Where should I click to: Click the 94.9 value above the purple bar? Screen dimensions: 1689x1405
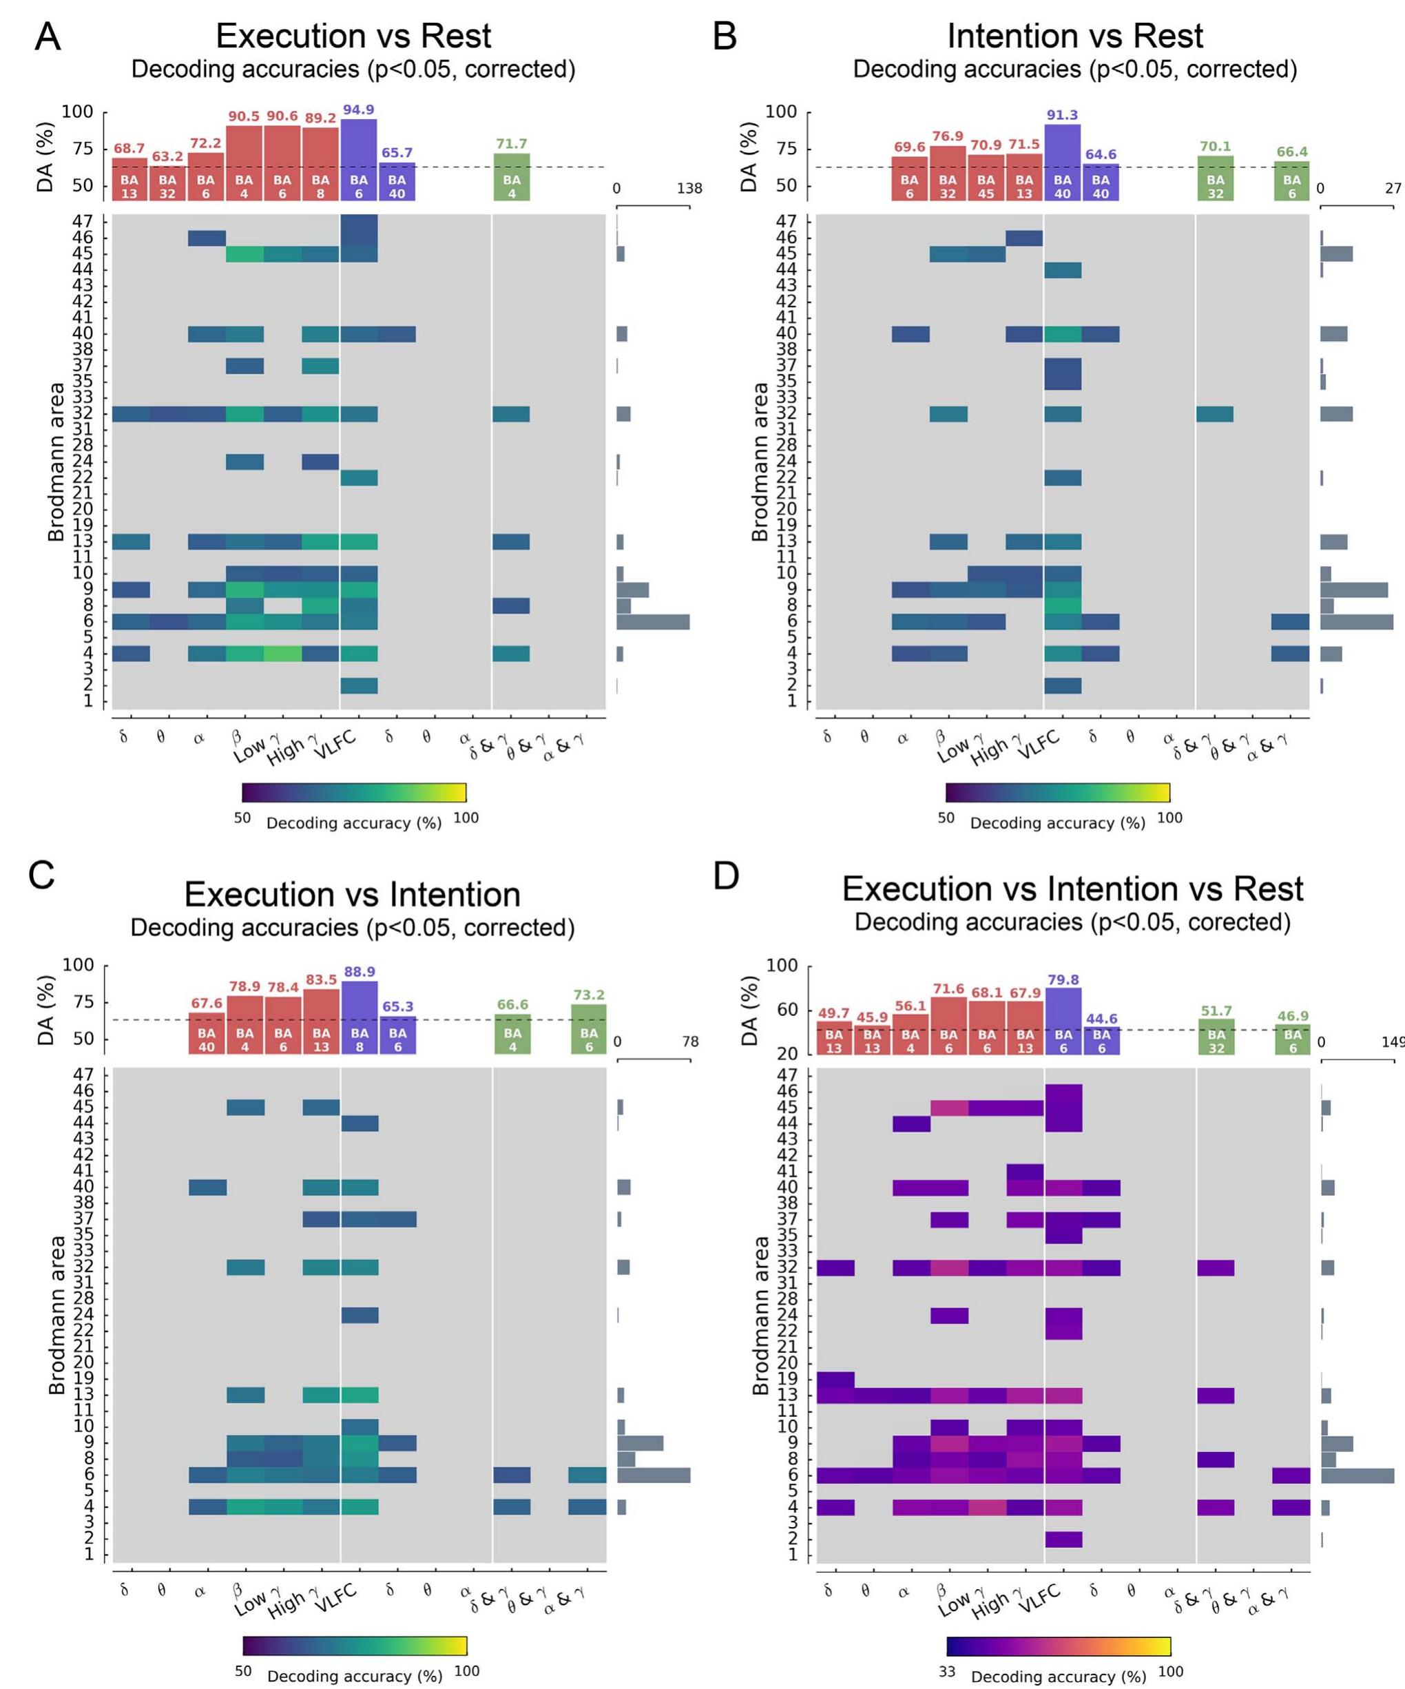point(359,110)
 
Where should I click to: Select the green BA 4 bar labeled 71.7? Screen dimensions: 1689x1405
point(512,177)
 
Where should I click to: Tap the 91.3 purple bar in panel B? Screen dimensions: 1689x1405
point(1063,162)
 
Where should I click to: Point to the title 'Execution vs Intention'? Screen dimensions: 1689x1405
point(352,894)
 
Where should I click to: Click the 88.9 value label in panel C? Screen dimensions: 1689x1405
point(360,971)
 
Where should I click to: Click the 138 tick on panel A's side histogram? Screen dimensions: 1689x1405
point(689,189)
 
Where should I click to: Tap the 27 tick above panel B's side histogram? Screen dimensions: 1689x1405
point(1393,189)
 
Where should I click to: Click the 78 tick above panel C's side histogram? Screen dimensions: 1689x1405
point(690,1042)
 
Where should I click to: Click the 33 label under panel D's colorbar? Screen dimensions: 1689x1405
point(948,1671)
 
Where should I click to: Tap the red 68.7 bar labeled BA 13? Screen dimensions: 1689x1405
point(129,179)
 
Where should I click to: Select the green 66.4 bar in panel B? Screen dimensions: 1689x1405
point(1291,181)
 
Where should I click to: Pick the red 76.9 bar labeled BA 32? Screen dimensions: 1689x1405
point(948,173)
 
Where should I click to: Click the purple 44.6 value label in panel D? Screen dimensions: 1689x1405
point(1101,1018)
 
